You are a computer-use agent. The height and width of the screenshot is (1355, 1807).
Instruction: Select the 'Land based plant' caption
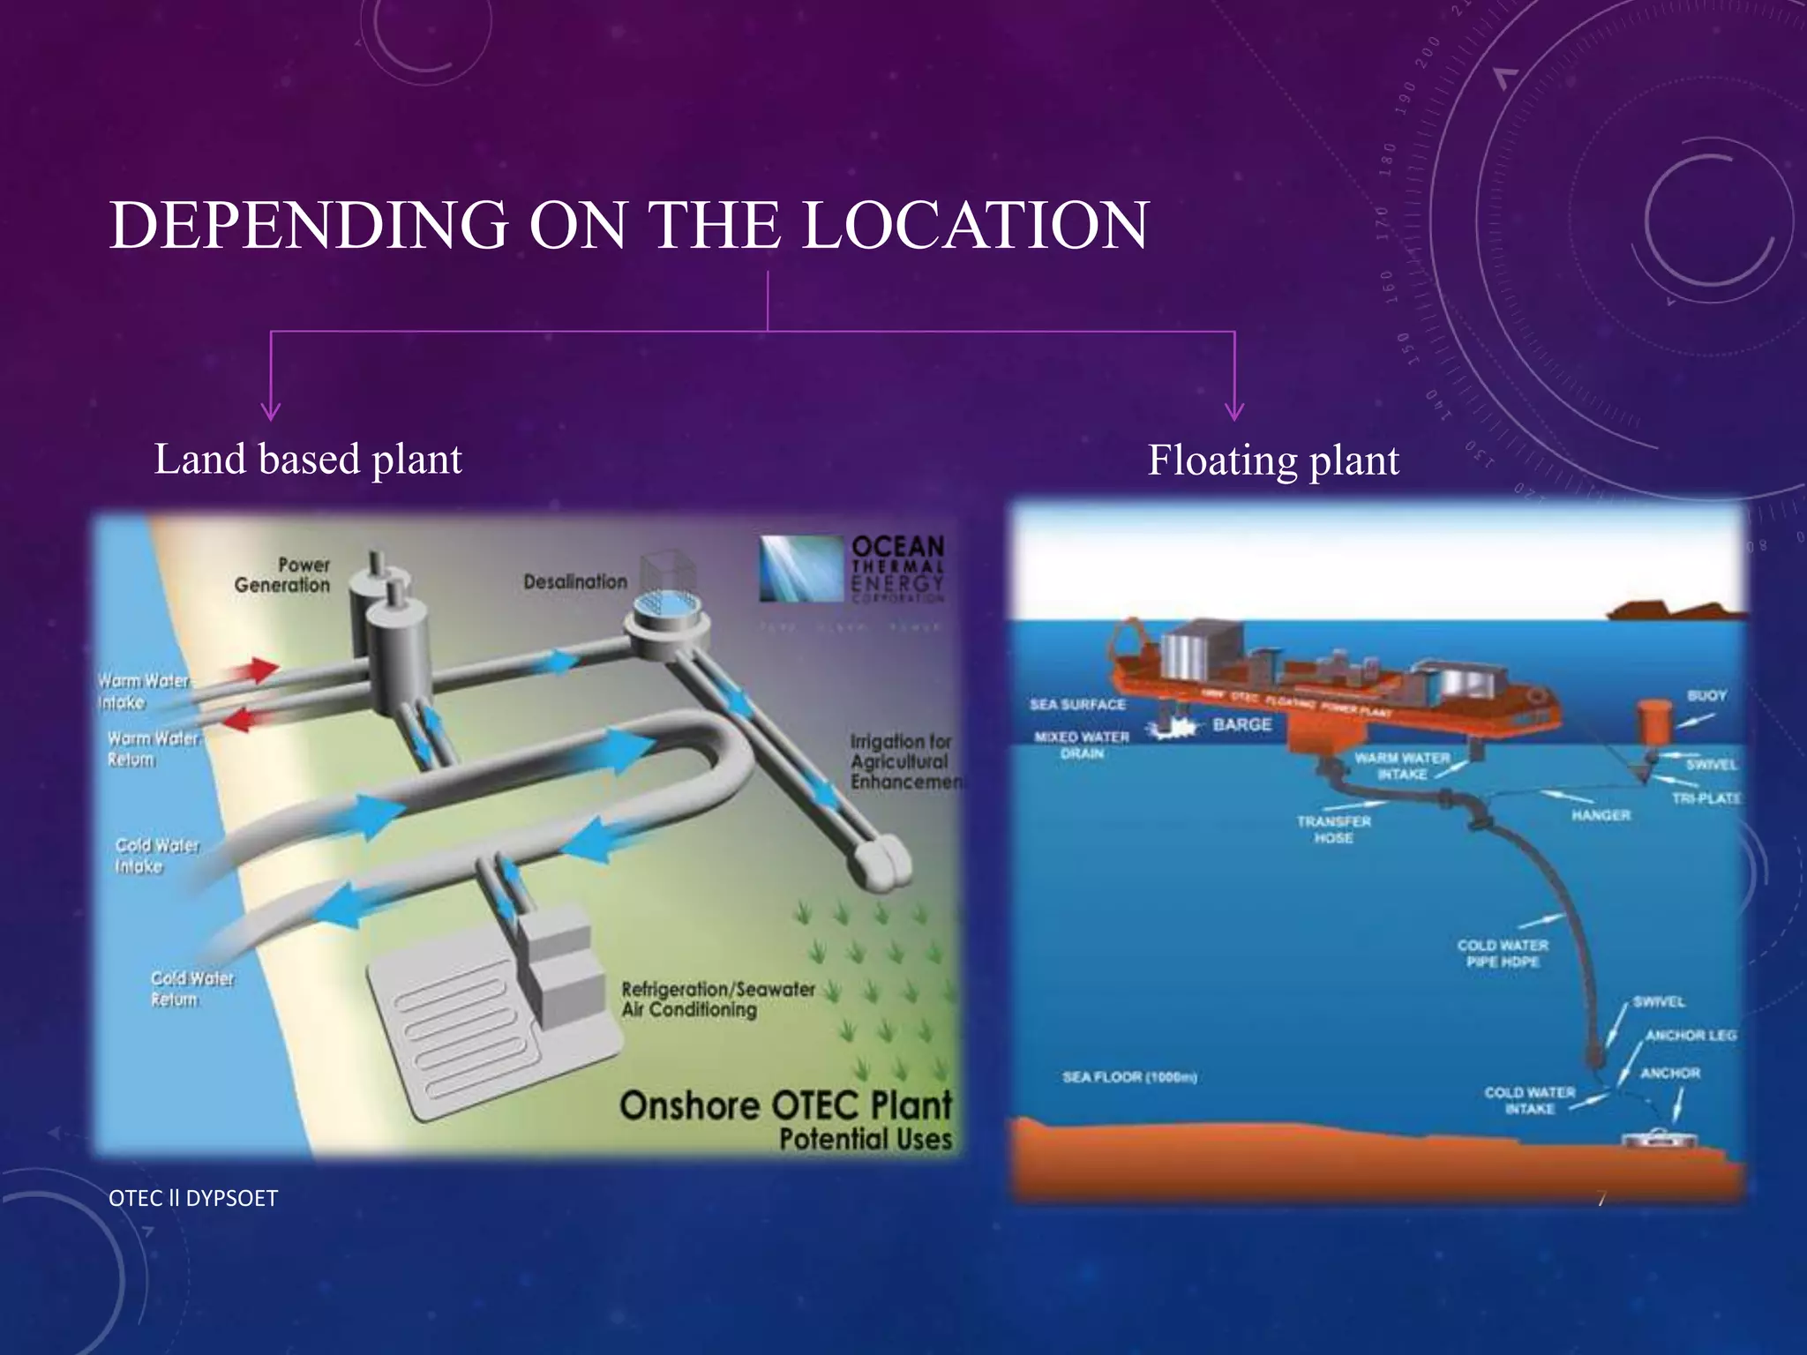[308, 460]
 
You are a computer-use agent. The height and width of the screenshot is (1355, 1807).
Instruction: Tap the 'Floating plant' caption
[1272, 460]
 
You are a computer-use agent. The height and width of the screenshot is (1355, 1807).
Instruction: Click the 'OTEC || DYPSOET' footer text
[193, 1198]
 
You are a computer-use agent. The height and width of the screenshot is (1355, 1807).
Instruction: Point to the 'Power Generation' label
[282, 575]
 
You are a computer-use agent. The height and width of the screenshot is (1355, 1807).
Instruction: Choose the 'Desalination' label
[575, 582]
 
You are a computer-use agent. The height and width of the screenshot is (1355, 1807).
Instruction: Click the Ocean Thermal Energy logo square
[800, 569]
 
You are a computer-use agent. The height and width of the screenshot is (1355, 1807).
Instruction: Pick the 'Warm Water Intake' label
[143, 692]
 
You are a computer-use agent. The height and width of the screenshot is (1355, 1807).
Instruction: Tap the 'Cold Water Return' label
[191, 989]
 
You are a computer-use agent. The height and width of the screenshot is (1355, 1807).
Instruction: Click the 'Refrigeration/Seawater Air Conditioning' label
[717, 999]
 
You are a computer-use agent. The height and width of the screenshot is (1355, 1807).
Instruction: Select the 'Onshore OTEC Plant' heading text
[785, 1105]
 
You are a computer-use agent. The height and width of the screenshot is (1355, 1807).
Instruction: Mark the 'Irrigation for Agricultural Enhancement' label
[904, 761]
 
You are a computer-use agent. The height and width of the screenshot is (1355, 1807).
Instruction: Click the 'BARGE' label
[1241, 725]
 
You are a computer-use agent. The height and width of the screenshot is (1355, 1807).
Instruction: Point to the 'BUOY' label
[1706, 696]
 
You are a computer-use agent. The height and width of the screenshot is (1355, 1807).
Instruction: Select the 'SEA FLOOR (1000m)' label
[1129, 1077]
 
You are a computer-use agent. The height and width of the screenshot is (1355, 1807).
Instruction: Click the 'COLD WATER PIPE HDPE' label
[1503, 954]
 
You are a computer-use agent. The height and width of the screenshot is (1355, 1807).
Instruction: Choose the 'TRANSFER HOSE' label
[1333, 829]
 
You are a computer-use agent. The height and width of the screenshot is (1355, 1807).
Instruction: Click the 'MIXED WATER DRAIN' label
[1082, 745]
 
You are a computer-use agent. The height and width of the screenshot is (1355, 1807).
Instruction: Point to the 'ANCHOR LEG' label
[1690, 1036]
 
